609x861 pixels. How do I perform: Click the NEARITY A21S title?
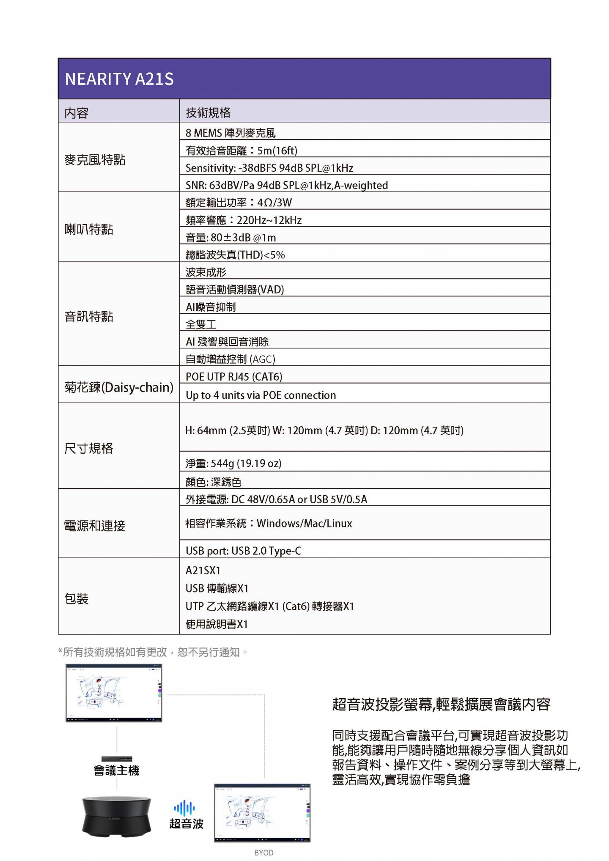click(x=119, y=79)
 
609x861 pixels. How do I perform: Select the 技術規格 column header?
click(x=208, y=112)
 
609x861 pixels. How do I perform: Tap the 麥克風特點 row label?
click(x=95, y=159)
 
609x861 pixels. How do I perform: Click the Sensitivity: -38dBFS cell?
click(x=269, y=168)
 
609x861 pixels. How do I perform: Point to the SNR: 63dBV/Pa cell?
click(x=286, y=185)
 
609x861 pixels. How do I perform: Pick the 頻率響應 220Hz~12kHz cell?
click(x=244, y=220)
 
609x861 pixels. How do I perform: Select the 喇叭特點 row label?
click(x=89, y=229)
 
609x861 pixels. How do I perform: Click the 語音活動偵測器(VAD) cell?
click(x=235, y=289)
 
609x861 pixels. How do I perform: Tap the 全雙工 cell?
click(x=201, y=324)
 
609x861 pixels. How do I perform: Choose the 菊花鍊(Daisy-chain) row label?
click(x=119, y=387)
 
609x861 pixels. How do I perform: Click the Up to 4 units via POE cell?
click(x=261, y=395)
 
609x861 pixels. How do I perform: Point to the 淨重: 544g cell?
click(x=233, y=463)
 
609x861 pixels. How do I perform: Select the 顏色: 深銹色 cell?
click(x=214, y=482)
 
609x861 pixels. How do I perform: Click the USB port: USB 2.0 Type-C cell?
click(x=243, y=551)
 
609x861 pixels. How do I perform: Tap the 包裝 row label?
click(x=77, y=598)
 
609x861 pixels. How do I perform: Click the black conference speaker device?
click(x=116, y=816)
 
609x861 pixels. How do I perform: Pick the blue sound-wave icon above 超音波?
click(x=184, y=808)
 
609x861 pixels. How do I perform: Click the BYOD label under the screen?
click(x=263, y=853)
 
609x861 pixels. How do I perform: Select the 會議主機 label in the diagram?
click(x=116, y=771)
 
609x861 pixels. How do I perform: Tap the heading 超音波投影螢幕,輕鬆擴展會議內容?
click(x=441, y=704)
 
